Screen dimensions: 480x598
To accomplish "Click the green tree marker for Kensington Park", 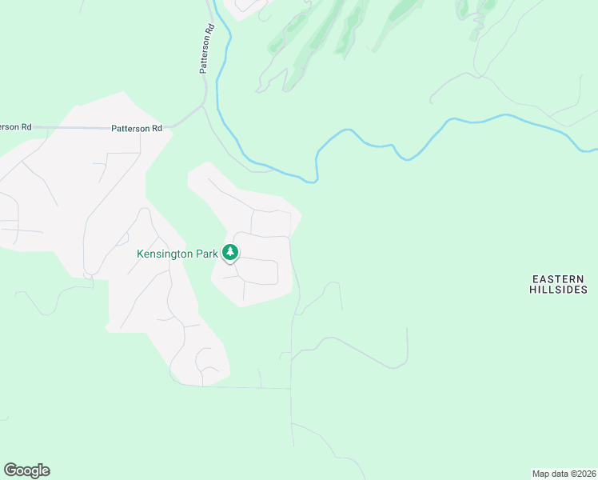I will [x=230, y=253].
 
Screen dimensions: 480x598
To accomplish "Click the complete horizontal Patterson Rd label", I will [x=137, y=128].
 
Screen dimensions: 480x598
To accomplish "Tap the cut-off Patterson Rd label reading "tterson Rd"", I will [x=15, y=126].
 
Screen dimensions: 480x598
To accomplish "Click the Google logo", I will [x=26, y=470].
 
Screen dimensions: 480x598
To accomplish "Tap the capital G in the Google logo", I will [x=10, y=470].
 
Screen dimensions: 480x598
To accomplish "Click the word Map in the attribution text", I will [x=541, y=473].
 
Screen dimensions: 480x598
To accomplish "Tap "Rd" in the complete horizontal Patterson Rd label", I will [x=156, y=128].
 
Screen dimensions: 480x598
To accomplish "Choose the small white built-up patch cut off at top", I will [x=246, y=7].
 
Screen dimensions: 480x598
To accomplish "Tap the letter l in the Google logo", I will [x=39, y=470].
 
